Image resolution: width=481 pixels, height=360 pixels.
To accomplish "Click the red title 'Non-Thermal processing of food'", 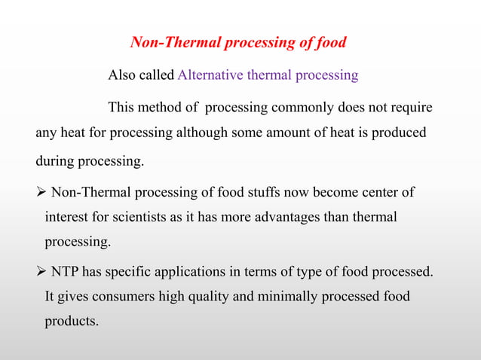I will point(238,42).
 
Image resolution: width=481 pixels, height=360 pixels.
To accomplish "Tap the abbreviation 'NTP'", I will point(67,270).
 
